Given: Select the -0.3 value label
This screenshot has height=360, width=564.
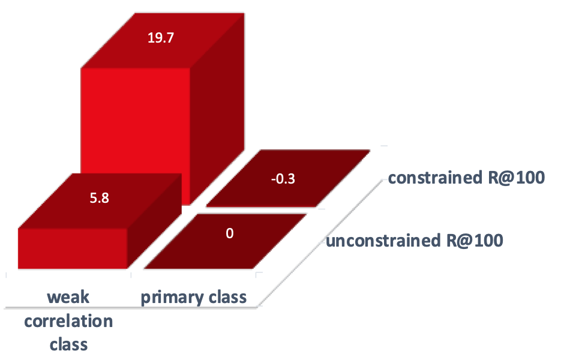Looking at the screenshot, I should click(288, 178).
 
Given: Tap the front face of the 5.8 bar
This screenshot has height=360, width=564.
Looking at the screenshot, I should click(73, 249).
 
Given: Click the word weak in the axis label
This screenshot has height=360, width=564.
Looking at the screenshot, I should click(68, 298).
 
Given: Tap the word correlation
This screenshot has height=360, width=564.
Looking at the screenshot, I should click(68, 321).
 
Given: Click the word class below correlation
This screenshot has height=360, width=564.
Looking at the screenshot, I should click(68, 344).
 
